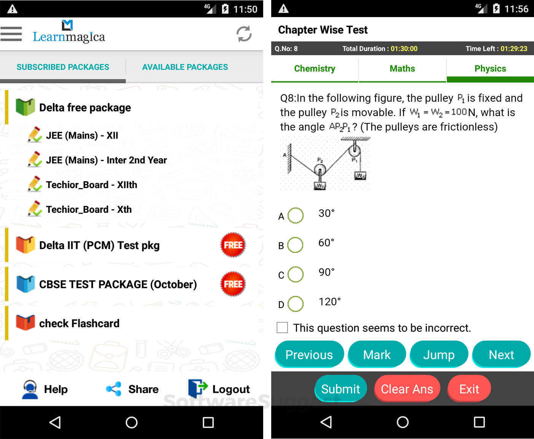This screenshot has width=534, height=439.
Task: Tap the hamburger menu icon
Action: coord(11,34)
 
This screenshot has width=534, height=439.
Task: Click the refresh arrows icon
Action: coord(244,34)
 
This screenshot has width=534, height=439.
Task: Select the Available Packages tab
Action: coord(185,67)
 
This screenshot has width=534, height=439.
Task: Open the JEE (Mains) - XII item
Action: coord(82,136)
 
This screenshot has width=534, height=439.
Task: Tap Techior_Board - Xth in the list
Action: coord(89,209)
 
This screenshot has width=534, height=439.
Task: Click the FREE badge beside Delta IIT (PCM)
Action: coord(233,245)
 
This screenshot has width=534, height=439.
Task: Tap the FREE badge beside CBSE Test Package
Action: coord(233,284)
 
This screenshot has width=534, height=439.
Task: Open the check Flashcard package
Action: coord(79,323)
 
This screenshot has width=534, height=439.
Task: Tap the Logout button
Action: coord(219,389)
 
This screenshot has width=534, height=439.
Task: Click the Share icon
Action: coord(114,389)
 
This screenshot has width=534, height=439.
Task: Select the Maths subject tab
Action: coord(402,69)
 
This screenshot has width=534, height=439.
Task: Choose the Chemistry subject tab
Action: coord(315,69)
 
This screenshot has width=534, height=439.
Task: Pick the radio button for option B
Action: coord(295,245)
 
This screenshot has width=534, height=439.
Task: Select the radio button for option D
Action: coord(296,304)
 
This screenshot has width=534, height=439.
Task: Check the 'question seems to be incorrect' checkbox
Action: coord(282,327)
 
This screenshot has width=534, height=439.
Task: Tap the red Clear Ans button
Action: coord(407,389)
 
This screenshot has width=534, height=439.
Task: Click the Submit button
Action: coord(340,389)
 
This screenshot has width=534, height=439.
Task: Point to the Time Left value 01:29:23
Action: coord(513,49)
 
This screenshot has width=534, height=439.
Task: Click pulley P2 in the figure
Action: coord(320,169)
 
